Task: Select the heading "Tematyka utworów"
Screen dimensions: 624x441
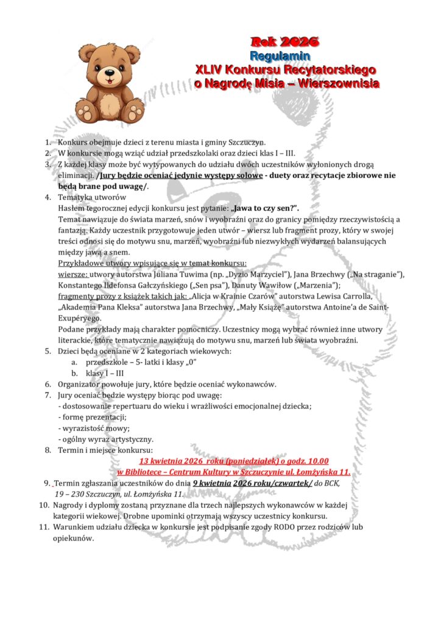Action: [92, 197]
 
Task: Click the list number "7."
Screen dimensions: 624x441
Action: [48, 395]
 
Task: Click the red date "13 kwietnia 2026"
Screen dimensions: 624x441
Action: [177, 461]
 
